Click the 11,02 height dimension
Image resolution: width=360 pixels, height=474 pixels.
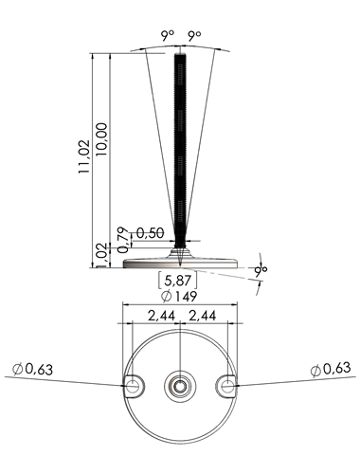point(84,156)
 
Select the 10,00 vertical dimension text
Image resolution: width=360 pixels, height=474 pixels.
point(102,139)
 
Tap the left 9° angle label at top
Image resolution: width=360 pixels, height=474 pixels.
point(168,36)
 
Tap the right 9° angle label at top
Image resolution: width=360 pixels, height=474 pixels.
point(194,36)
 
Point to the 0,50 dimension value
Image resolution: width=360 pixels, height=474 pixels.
point(151,233)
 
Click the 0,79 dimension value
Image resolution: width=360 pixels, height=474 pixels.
point(124,240)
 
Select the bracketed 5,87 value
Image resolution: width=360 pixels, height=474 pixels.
point(178,280)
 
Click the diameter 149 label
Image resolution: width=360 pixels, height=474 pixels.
point(179,297)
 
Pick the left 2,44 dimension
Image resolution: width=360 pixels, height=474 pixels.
point(161,316)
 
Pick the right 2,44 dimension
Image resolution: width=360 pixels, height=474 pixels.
point(203,316)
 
